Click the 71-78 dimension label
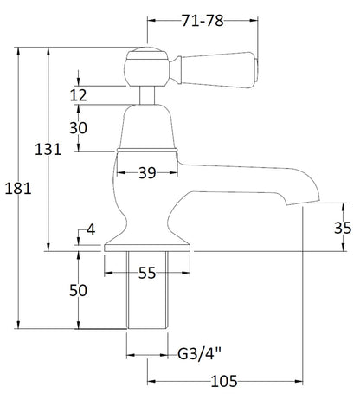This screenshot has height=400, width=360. click(202, 21)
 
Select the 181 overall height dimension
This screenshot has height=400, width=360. click(18, 189)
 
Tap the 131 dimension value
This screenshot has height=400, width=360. click(48, 150)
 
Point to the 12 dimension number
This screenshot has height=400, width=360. click(78, 95)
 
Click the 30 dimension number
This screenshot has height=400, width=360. click(78, 128)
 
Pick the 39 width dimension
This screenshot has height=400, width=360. click(147, 173)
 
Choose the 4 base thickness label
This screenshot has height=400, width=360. click(91, 229)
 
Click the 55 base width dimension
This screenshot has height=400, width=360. click(147, 273)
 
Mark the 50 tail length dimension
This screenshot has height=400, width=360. click(78, 290)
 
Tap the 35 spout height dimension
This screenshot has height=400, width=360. click(343, 228)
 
